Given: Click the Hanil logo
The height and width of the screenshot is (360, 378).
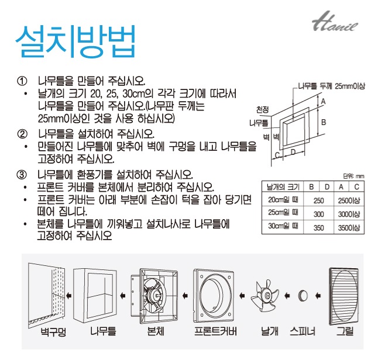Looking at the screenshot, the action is coord(335,22).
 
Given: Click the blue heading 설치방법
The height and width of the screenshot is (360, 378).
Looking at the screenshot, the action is coord(75,41).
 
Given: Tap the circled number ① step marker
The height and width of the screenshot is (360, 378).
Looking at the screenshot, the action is coord(22,81).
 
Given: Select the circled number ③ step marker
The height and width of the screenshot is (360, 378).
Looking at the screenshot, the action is coord(22,174).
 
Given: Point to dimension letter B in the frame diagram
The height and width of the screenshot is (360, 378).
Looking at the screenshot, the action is coord(324,122).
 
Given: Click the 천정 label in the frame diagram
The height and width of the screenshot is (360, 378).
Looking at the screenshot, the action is coord(262,110).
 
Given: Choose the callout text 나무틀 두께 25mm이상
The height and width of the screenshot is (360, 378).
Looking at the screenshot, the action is coord(331,86).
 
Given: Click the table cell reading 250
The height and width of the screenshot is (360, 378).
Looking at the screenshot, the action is coord(318,200).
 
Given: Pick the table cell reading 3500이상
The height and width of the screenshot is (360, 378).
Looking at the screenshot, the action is coord(349,227).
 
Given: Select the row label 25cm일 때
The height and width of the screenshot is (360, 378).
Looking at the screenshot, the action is coord(283,212).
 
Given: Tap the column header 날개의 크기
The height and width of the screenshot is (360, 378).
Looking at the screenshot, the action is coord(283,186).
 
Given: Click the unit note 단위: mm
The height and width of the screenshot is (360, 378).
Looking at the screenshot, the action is coord(353,176).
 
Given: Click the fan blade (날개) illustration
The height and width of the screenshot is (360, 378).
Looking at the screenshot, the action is coord(264,296).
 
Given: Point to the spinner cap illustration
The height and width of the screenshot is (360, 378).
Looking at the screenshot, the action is coord(303,296).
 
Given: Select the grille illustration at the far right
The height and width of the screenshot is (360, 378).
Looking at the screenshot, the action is coord(344,296).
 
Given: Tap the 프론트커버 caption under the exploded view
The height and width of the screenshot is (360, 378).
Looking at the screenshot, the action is coord(215,331).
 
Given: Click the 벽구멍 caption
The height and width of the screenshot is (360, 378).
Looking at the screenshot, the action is coord(53,332).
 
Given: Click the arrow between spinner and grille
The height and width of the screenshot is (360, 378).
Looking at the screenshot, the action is coord(318,295).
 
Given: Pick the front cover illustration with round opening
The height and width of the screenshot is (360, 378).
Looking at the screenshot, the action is coord(214,296).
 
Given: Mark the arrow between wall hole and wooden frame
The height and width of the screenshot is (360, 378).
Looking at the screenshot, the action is coord(69,295).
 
